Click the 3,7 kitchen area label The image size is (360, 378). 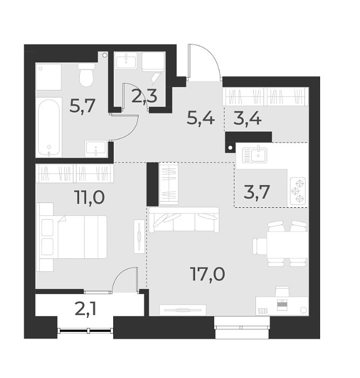point(257,192)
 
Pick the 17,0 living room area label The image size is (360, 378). point(207,274)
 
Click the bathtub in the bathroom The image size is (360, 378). point(49,127)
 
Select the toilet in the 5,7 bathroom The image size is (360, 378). point(86,76)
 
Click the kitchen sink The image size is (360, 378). point(256,155)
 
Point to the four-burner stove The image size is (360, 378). point(298,191)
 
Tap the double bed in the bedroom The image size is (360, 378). point(73,236)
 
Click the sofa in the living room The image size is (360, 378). point(184,220)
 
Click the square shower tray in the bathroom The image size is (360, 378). point(48,77)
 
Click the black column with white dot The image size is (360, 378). point(230,147)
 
